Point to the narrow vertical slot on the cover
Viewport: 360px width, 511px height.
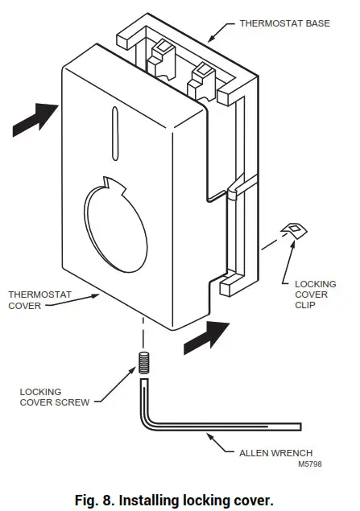click(115, 131)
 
